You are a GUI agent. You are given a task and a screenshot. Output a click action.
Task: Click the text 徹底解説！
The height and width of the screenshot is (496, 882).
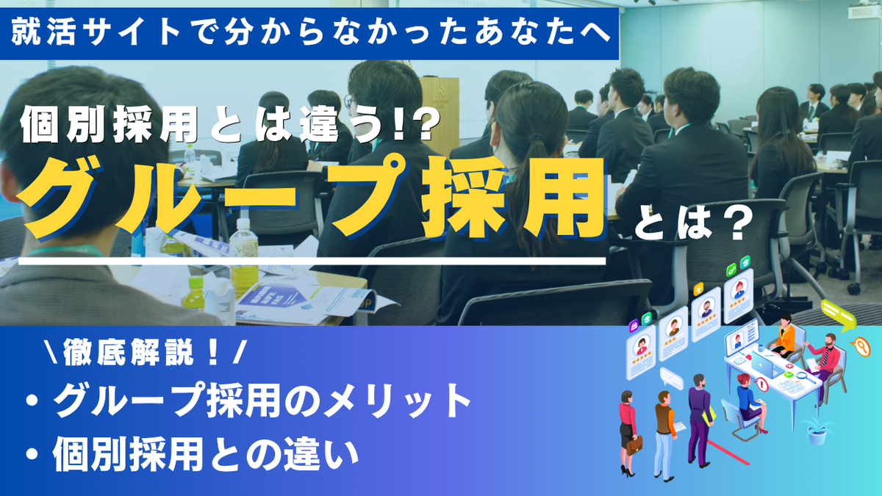(x=140, y=352)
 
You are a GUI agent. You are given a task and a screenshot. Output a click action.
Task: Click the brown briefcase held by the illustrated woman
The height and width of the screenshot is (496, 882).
(x=634, y=445)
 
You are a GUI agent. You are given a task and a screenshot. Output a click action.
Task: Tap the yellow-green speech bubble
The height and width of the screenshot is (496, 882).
(x=838, y=315)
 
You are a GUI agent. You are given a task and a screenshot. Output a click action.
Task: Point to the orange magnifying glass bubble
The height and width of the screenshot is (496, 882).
(x=861, y=347)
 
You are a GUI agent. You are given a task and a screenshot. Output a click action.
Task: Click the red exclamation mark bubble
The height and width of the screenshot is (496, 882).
(x=762, y=384)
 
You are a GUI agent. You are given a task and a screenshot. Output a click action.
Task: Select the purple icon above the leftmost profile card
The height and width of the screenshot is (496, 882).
(x=634, y=326)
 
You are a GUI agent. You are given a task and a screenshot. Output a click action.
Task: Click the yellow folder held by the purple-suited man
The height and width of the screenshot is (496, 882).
(x=709, y=415)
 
